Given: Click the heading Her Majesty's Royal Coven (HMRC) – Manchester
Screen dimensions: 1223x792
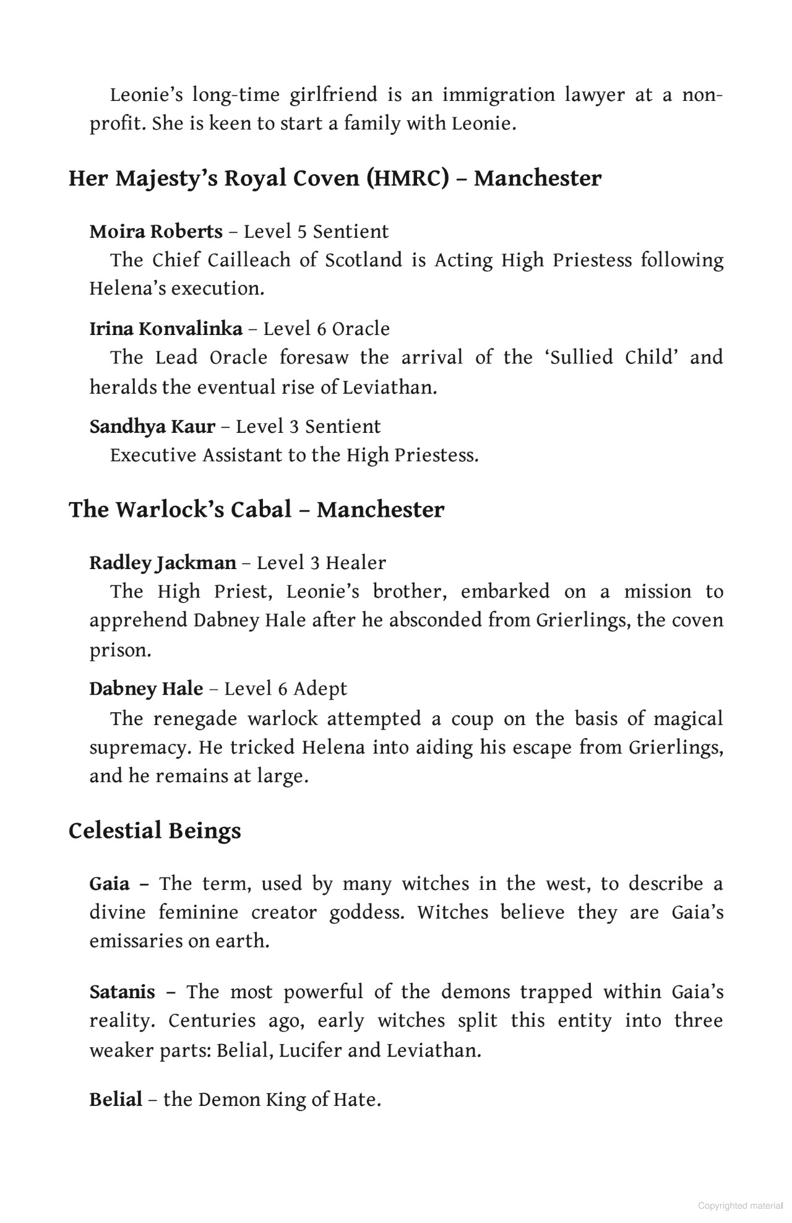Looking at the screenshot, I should pyautogui.click(x=334, y=179).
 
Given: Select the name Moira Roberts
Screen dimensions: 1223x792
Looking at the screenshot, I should pyautogui.click(x=156, y=232).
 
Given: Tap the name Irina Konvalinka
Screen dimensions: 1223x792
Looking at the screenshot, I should pyautogui.click(x=166, y=329).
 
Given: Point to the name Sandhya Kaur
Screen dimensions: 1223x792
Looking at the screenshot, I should pyautogui.click(x=152, y=427).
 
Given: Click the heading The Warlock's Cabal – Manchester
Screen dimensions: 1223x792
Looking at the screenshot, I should pyautogui.click(x=256, y=510).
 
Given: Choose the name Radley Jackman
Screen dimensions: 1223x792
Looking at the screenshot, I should pyautogui.click(x=163, y=563).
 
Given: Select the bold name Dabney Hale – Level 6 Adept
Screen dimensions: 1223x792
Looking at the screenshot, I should pyautogui.click(x=146, y=689).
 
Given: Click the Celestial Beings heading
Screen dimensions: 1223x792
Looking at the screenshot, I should pyautogui.click(x=155, y=830).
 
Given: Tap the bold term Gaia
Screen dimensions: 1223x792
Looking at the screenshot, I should pyautogui.click(x=110, y=884).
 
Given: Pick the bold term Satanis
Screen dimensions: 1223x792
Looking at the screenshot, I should pyautogui.click(x=123, y=992).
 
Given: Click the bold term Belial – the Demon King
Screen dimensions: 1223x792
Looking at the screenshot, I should pyautogui.click(x=116, y=1100).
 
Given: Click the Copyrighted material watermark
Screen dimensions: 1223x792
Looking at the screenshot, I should pyautogui.click(x=740, y=1206).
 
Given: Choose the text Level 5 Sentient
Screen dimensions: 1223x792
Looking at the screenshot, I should pyautogui.click(x=316, y=232).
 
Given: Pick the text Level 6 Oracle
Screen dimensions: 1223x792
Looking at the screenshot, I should pyautogui.click(x=327, y=329).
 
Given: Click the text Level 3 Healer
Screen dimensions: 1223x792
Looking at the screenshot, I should pyautogui.click(x=321, y=563).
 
